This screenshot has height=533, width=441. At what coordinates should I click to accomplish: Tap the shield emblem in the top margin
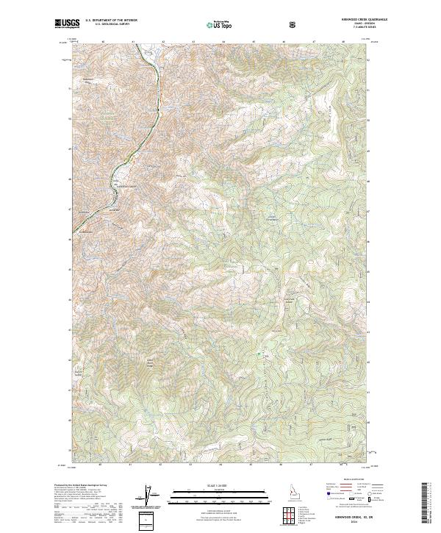pyautogui.click(x=293, y=24)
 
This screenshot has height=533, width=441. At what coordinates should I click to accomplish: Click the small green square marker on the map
pyautogui.click(x=259, y=357)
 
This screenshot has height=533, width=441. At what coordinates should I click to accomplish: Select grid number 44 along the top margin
pyautogui.click(x=223, y=42)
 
